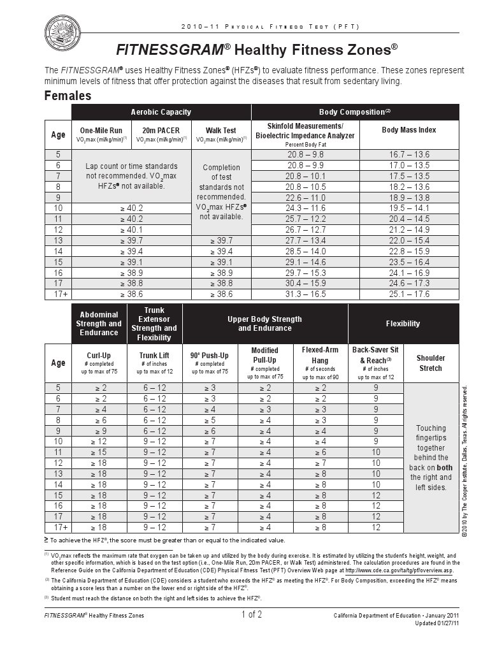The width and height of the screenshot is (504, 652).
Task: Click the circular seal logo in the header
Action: (x=62, y=33)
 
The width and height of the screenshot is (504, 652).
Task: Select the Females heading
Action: (x=68, y=96)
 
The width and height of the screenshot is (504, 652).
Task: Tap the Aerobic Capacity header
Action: (x=161, y=112)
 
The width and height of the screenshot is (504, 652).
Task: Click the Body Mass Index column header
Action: (x=408, y=130)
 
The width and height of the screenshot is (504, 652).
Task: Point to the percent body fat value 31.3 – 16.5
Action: (x=306, y=294)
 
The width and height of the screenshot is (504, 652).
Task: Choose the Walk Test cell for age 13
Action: (x=221, y=240)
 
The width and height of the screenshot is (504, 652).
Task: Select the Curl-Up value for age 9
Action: (x=100, y=431)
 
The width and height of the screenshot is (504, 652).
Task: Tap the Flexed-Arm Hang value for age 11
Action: (x=320, y=452)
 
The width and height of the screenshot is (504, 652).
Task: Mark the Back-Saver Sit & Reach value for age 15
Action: (x=375, y=495)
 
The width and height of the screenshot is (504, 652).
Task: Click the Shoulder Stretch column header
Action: (x=431, y=363)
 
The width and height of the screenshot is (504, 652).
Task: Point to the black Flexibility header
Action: (x=403, y=324)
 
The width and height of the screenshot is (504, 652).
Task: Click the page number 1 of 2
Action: (x=252, y=615)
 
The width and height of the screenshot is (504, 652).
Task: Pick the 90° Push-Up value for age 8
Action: (x=210, y=420)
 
